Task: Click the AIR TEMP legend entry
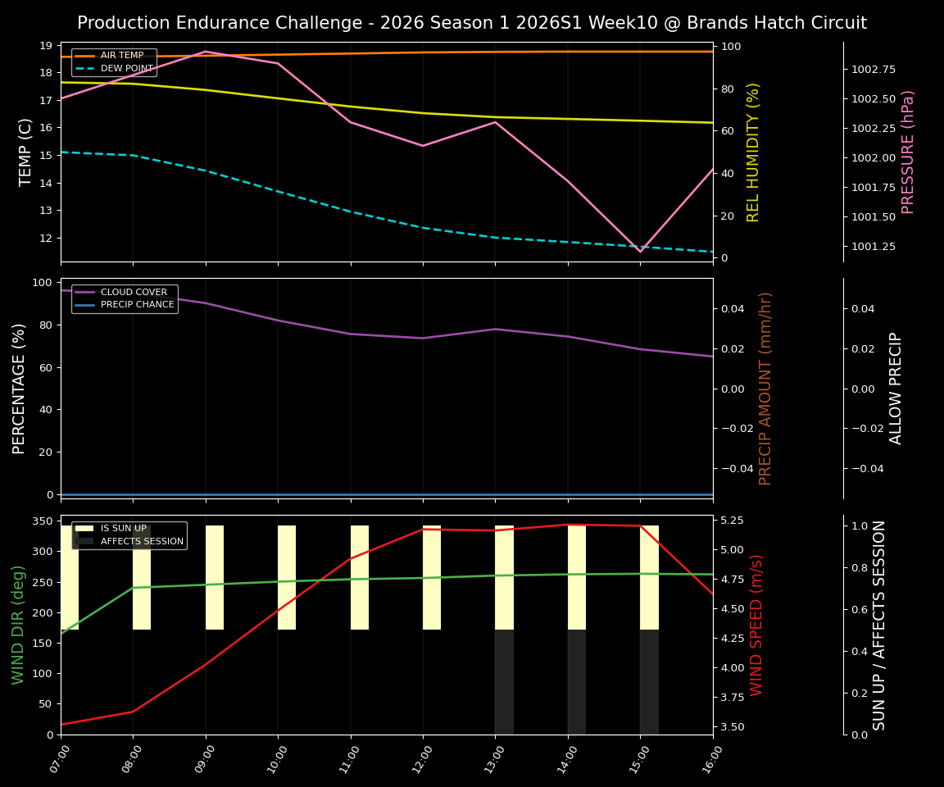[x=121, y=56]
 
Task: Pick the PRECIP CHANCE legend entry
[x=137, y=305]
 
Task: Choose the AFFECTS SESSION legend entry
[x=142, y=541]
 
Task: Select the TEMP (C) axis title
[x=26, y=152]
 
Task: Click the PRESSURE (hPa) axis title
[x=908, y=152]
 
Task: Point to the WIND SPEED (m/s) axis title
[x=757, y=625]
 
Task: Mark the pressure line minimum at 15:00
[x=641, y=251]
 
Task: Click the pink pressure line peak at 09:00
[x=206, y=52]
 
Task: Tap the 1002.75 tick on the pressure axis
[x=873, y=70]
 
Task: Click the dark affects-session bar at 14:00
[x=577, y=682]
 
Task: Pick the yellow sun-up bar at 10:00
[x=287, y=577]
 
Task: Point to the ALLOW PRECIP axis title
[x=896, y=388]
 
